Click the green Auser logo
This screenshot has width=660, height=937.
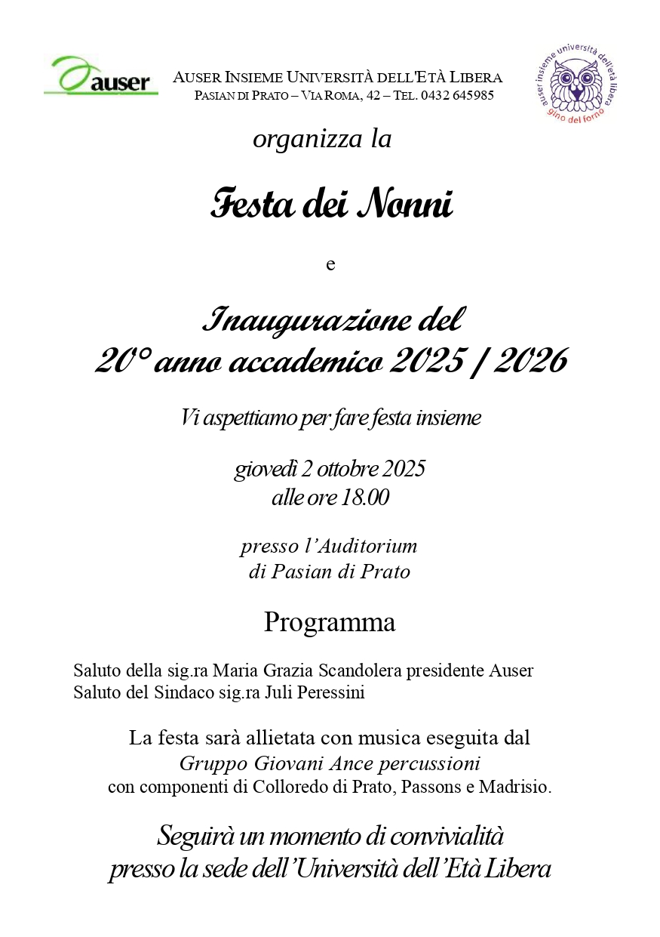tap(100, 76)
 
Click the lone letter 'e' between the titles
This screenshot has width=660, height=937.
tap(330, 265)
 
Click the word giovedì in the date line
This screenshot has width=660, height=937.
tap(266, 470)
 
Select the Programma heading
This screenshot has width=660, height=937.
tap(330, 623)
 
